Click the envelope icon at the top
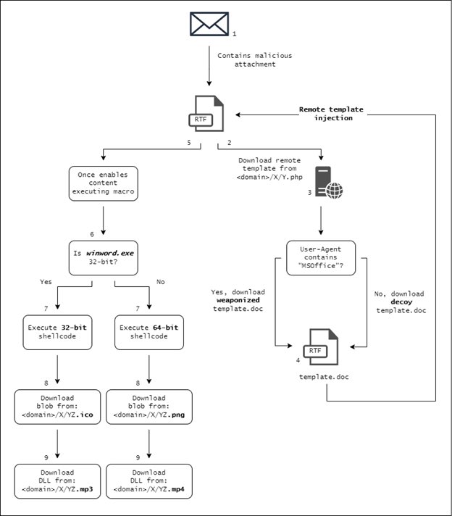pos(210,23)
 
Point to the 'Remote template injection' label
pos(331,113)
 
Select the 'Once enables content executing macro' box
pos(103,183)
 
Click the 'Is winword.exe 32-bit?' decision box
pos(103,258)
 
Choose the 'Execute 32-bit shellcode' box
pos(57,333)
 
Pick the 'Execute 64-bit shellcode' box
pos(148,333)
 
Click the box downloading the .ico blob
pos(57,407)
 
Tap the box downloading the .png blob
pos(148,407)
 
